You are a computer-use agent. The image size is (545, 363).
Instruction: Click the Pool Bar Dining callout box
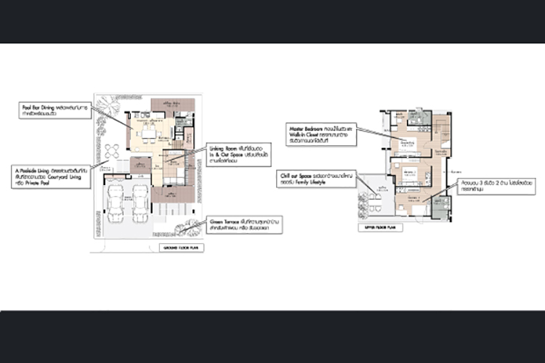(54, 110)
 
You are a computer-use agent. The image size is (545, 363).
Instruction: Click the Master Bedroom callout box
(323, 134)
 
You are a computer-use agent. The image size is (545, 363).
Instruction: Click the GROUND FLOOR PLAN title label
(182, 248)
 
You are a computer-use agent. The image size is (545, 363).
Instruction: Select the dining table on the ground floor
(149, 134)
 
